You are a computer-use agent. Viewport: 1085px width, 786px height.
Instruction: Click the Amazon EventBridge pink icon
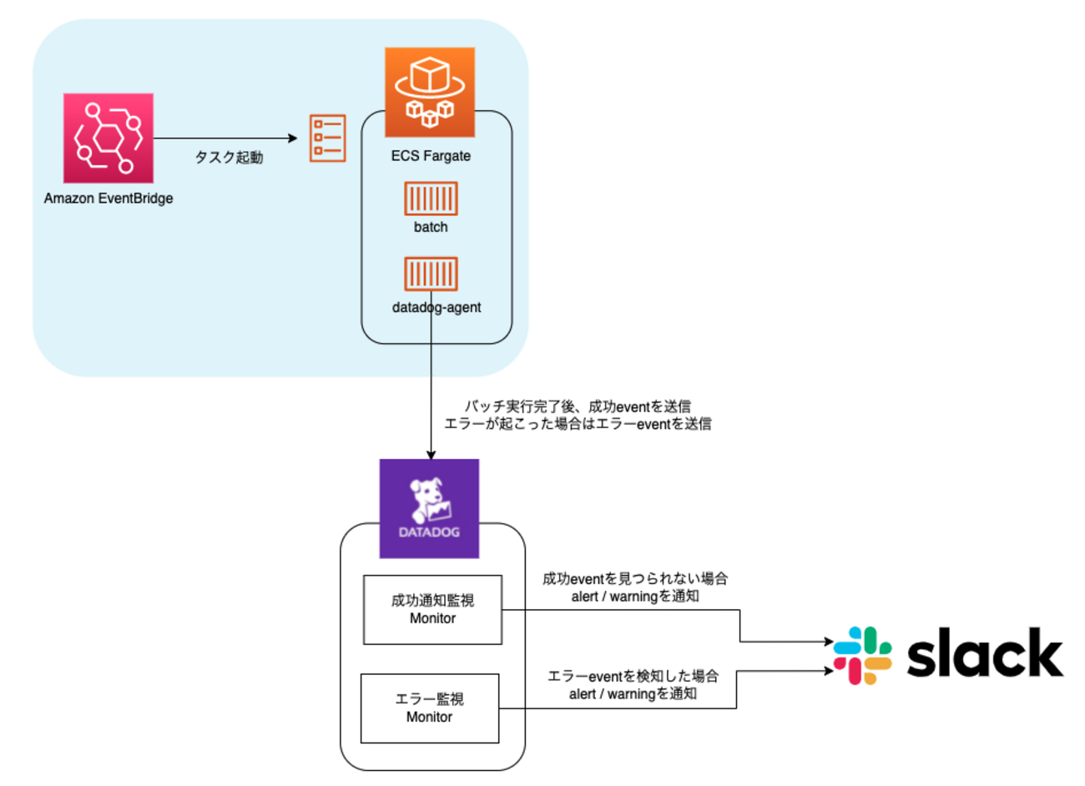pyautogui.click(x=108, y=138)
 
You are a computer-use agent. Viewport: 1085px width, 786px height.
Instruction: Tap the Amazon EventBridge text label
pyautogui.click(x=108, y=199)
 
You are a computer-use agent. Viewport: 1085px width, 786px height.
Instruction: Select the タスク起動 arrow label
pyautogui.click(x=229, y=157)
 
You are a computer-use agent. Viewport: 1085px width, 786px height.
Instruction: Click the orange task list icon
pyautogui.click(x=327, y=138)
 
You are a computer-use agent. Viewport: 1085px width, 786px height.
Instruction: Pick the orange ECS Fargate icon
pyautogui.click(x=430, y=92)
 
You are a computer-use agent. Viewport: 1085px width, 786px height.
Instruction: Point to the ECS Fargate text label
pyautogui.click(x=431, y=156)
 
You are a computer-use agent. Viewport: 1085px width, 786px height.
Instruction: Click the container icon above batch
pyautogui.click(x=431, y=199)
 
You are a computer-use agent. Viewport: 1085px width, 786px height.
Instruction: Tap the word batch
pyautogui.click(x=431, y=227)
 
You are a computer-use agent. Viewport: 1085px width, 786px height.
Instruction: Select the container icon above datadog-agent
pyautogui.click(x=431, y=274)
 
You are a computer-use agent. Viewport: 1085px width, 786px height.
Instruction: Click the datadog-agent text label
pyautogui.click(x=437, y=307)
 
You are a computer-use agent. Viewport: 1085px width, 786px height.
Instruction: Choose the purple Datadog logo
pyautogui.click(x=429, y=508)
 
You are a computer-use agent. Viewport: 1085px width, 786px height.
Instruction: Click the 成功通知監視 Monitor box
pyautogui.click(x=432, y=609)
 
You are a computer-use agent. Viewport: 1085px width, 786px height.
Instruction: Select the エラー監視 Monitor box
pyautogui.click(x=429, y=708)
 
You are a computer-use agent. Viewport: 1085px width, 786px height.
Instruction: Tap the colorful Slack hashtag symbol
pyautogui.click(x=862, y=655)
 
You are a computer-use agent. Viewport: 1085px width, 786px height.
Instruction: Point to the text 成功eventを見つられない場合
pyautogui.click(x=634, y=578)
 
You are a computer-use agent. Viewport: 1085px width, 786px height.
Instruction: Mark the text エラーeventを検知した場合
pyautogui.click(x=633, y=676)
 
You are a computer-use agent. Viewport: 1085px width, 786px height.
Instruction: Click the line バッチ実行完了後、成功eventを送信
pyautogui.click(x=578, y=406)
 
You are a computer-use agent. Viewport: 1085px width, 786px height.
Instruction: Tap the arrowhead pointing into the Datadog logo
pyautogui.click(x=431, y=455)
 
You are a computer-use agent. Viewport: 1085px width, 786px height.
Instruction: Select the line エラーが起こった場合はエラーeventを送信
pyautogui.click(x=578, y=424)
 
